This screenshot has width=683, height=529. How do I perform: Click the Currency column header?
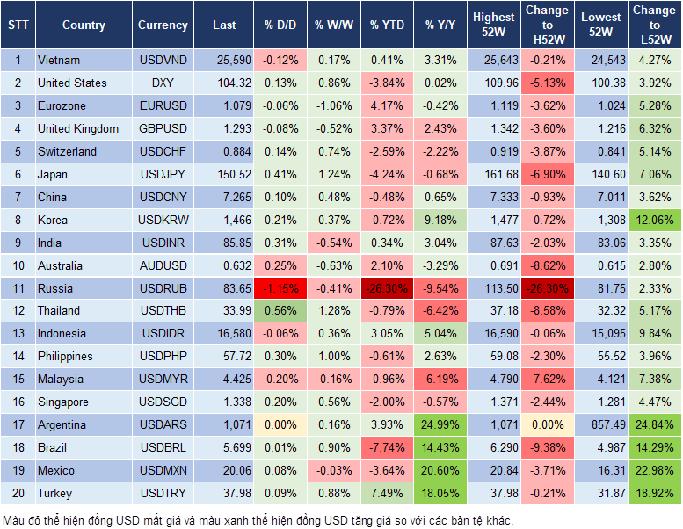click(x=163, y=25)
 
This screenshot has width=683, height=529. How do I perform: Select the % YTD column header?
click(x=386, y=25)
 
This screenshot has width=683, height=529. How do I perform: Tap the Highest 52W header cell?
click(x=493, y=25)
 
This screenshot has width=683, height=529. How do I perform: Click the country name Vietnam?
click(x=59, y=60)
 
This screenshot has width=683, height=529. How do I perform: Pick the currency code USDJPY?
click(x=163, y=174)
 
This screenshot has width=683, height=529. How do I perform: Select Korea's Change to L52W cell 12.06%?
click(x=655, y=220)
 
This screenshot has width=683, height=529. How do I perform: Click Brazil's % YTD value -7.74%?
click(x=386, y=447)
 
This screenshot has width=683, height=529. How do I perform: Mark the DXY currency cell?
click(x=163, y=83)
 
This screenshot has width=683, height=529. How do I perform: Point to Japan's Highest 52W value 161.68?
click(x=493, y=174)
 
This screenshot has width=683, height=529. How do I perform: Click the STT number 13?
click(x=17, y=333)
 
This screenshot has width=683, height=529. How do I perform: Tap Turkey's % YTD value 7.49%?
click(x=386, y=493)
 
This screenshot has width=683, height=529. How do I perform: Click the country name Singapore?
click(x=62, y=402)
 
